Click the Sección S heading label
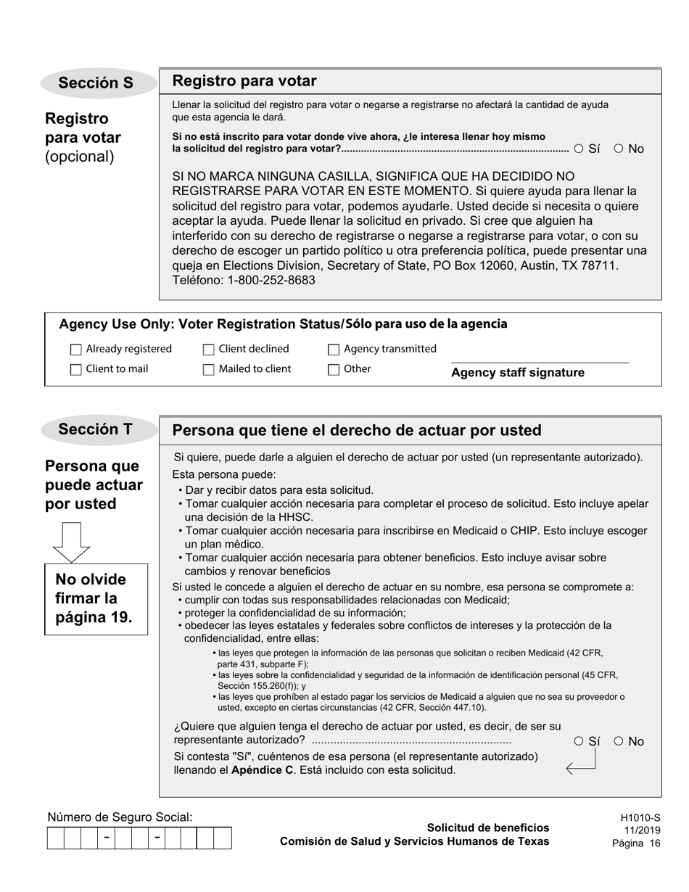coord(96,83)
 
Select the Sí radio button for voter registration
coord(579,149)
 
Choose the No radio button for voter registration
coord(619,149)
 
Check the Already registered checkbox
coord(76,350)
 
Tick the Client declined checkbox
coord(209,350)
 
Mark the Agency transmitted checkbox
coord(334,350)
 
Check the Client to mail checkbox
coord(76,370)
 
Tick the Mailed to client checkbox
coord(209,370)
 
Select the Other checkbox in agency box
coord(334,370)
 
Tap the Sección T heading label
coord(96,429)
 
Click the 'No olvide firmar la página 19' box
coord(96,599)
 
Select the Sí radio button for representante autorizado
coord(579,741)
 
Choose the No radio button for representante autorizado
coord(619,741)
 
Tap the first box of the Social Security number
coord(55,838)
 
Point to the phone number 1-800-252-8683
coord(268,280)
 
